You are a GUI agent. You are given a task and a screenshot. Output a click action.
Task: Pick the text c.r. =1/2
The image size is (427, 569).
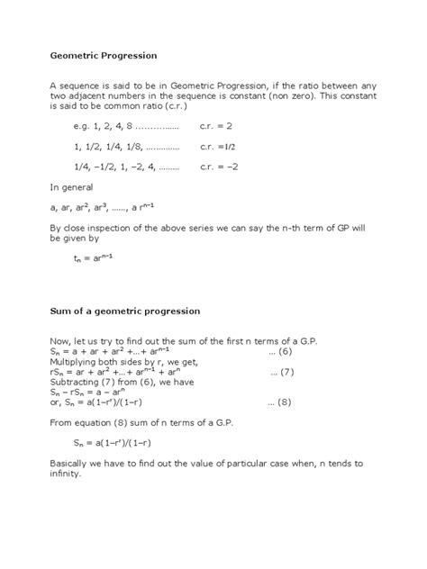[x=217, y=146]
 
